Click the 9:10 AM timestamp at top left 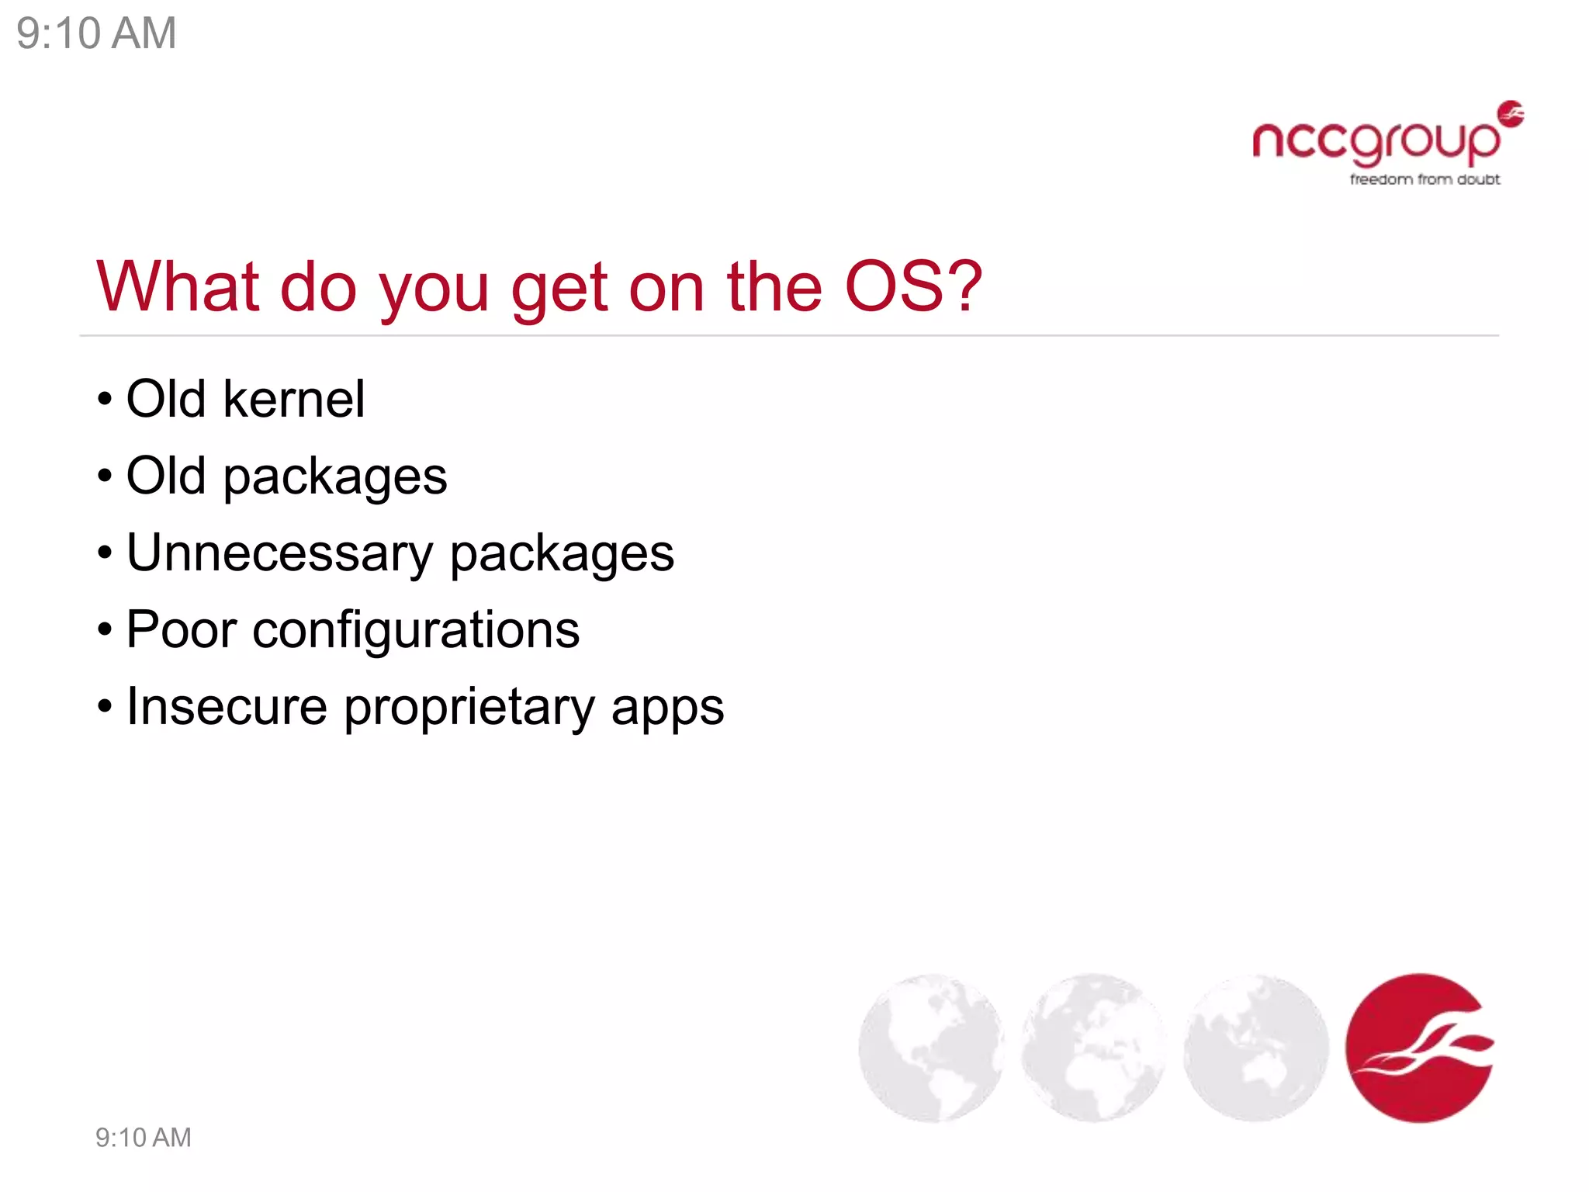(96, 34)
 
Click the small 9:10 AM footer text (143, 1138)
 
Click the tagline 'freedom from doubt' (1425, 179)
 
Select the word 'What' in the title (177, 287)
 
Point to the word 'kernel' (293, 399)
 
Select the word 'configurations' (416, 630)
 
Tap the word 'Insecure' (227, 707)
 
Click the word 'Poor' (181, 629)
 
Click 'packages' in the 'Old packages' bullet (335, 477)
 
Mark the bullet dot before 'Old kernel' (105, 400)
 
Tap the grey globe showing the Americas (931, 1048)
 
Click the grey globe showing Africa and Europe (1093, 1048)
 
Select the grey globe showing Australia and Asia (1255, 1048)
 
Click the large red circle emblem (1419, 1048)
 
